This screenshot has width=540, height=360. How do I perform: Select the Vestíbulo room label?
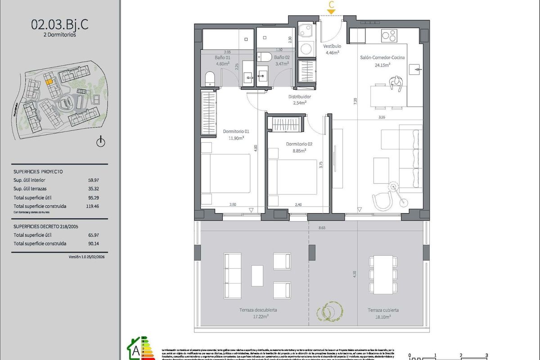pos(332,46)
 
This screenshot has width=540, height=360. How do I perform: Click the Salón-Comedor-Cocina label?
pos(382,58)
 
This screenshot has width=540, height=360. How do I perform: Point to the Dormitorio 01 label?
pos(236,132)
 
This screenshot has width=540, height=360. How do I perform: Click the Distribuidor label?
pos(299,97)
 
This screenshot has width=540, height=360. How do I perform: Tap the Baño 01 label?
pos(222,58)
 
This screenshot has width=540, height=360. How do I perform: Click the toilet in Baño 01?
pos(210,79)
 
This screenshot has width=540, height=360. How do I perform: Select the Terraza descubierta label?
pos(259,310)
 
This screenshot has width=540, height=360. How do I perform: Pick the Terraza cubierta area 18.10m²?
pos(383,316)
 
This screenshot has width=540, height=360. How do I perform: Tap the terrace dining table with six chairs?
pos(383,274)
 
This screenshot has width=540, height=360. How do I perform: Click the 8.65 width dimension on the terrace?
pos(321,228)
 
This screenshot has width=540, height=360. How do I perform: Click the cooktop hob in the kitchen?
pos(389,34)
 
